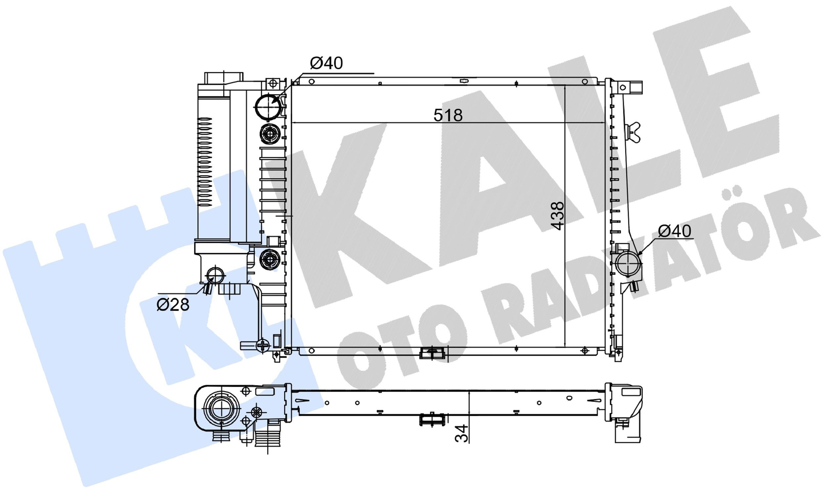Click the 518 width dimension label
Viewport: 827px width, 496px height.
pos(448,116)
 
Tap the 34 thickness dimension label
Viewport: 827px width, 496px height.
pos(462,434)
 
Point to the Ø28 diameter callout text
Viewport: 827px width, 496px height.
pos(173,305)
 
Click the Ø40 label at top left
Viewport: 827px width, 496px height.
pos(326,63)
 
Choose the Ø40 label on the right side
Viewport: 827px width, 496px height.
pos(674,231)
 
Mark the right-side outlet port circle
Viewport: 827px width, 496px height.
pos(629,264)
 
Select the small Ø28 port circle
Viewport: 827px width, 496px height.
pos(215,275)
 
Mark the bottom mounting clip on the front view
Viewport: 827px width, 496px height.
pos(432,353)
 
